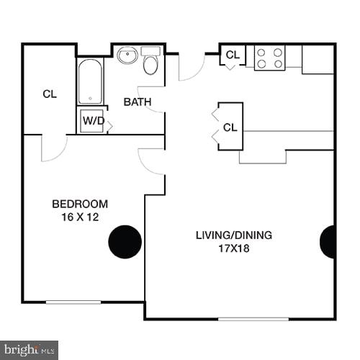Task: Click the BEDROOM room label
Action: pos(81,204)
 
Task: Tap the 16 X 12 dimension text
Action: pos(81,217)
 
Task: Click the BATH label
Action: pos(138,102)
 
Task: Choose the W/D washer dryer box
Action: pos(92,121)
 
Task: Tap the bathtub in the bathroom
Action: pos(90,81)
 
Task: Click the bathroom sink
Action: pos(128,55)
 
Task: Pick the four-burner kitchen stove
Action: pos(269,58)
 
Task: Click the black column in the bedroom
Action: pos(125,241)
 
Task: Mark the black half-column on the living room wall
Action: pos(328,242)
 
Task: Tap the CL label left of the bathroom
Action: pos(49,94)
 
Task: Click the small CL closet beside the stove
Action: pos(233,55)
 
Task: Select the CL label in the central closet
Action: pos(230,127)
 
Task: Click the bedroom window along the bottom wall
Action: pos(73,302)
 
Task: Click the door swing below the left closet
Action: pos(53,148)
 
